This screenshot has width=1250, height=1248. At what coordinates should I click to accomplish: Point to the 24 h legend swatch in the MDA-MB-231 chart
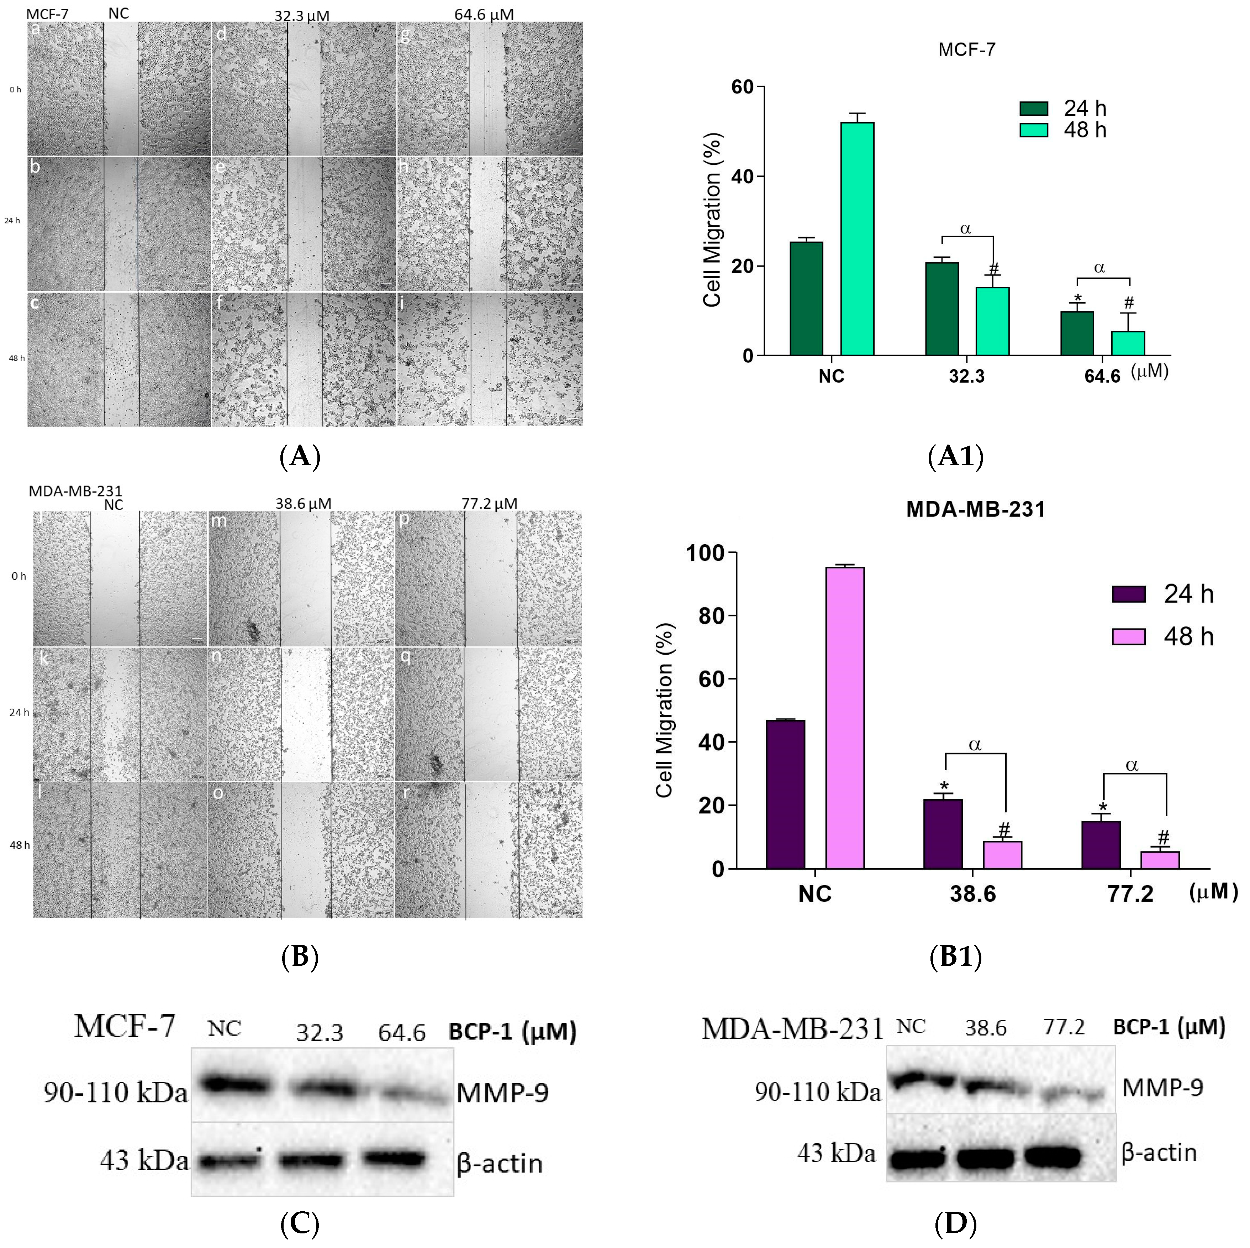coord(1128,594)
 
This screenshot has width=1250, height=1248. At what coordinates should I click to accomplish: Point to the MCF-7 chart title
coord(967,50)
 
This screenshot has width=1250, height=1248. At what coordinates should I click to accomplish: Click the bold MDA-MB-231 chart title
coord(975,509)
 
